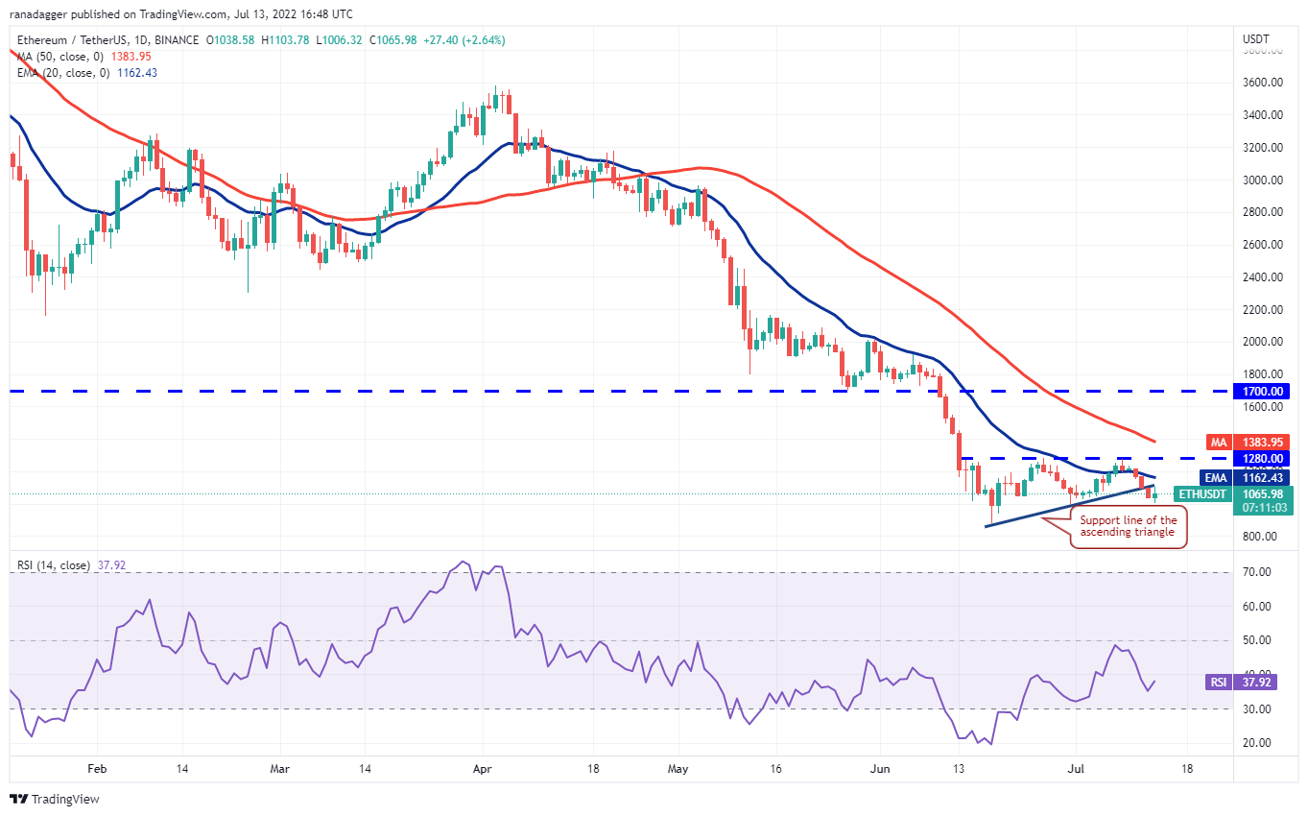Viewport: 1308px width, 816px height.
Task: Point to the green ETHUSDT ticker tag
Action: click(1201, 494)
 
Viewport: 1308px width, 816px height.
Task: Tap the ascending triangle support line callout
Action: click(1129, 526)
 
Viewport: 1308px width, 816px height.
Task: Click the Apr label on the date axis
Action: click(484, 769)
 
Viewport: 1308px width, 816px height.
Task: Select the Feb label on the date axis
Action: click(96, 769)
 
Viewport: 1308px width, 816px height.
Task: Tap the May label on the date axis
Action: click(678, 769)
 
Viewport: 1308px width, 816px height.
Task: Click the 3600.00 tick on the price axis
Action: click(1264, 83)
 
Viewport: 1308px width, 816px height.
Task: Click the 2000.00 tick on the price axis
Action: click(1264, 342)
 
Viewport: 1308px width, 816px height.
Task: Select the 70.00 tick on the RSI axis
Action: click(1256, 572)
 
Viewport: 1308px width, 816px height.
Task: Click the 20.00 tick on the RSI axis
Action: click(1256, 743)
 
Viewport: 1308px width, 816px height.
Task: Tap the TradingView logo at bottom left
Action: click(55, 799)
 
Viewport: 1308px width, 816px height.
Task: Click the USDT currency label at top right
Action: click(1256, 39)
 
